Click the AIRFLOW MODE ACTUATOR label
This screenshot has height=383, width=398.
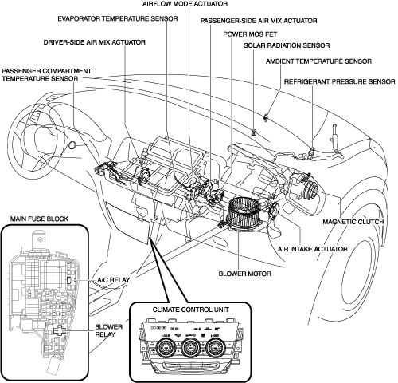[x=185, y=4]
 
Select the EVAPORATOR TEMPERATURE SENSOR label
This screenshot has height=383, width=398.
[x=118, y=18]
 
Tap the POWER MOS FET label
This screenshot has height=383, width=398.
[x=250, y=34]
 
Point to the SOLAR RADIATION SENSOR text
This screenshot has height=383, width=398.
[x=287, y=45]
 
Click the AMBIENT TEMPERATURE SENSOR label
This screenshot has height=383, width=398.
[x=318, y=61]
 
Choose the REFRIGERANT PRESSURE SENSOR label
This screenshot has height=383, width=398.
[x=340, y=81]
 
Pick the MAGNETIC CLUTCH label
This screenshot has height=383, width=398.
[x=353, y=222]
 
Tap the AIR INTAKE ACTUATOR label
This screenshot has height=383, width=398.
[x=313, y=249]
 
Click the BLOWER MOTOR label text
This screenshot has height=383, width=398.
[x=244, y=274]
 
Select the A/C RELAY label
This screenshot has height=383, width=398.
[x=114, y=280]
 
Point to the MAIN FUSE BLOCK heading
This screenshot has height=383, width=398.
[x=39, y=219]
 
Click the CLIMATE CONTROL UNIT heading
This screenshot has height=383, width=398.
[x=190, y=310]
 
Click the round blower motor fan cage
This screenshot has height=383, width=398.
[x=245, y=214]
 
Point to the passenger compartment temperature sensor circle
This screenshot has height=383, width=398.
[x=72, y=145]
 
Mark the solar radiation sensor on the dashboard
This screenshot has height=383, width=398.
[x=254, y=132]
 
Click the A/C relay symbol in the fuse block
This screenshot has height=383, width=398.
[x=71, y=280]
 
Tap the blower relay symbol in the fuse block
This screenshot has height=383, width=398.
[x=59, y=330]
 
